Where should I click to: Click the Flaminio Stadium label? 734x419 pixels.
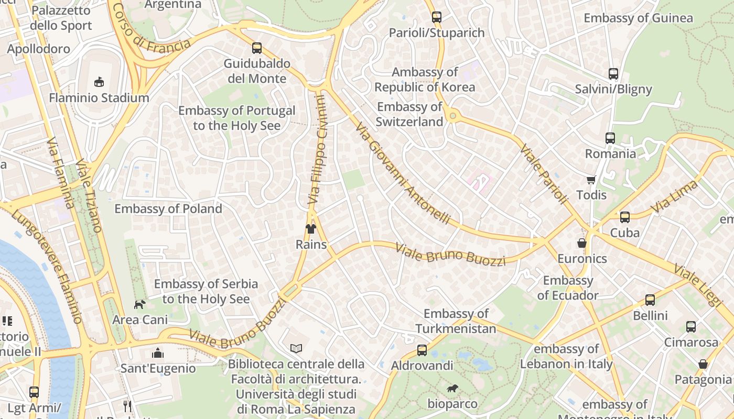[99, 98]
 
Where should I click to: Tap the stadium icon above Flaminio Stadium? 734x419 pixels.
[99, 82]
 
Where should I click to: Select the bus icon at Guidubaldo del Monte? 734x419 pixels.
[257, 48]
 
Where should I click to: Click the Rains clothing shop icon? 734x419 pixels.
[311, 229]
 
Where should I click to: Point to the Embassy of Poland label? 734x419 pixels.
[168, 208]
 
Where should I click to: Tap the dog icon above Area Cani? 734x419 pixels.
[139, 304]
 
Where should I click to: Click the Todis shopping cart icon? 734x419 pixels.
[591, 180]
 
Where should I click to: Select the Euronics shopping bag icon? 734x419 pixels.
[582, 243]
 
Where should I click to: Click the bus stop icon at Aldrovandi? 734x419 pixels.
[422, 350]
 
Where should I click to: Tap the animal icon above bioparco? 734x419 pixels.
[452, 389]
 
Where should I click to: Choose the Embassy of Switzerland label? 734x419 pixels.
[410, 114]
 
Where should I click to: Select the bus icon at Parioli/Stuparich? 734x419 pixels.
[437, 17]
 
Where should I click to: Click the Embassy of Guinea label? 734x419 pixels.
[638, 18]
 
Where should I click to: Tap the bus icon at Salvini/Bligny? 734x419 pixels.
[613, 74]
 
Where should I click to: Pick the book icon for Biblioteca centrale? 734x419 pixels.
[296, 348]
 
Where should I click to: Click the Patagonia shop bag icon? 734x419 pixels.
[703, 364]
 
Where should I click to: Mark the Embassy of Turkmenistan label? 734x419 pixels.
[456, 321]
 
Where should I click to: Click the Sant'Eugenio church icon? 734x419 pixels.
[158, 354]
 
